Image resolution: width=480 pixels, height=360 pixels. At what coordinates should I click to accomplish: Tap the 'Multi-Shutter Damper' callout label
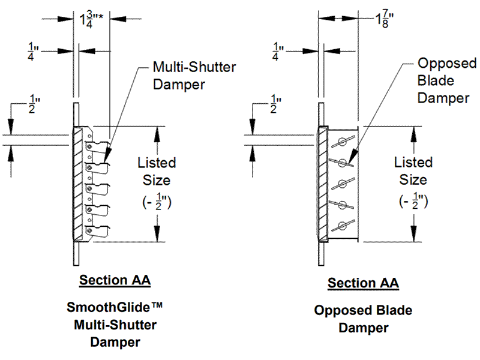(187, 75)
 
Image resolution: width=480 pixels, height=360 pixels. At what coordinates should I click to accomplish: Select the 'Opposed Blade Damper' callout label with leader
(447, 80)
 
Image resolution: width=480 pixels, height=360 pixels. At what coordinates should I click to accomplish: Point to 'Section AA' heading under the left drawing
(115, 280)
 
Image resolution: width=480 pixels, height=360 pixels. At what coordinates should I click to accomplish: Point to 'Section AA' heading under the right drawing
(363, 283)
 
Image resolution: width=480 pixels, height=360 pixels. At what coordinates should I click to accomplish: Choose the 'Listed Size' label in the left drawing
(157, 171)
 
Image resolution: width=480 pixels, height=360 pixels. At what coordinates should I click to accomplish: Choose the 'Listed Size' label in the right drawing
(413, 171)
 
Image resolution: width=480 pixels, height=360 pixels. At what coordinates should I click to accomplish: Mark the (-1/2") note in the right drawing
(413, 202)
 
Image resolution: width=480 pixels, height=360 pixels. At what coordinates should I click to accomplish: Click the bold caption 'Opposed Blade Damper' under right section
(363, 319)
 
